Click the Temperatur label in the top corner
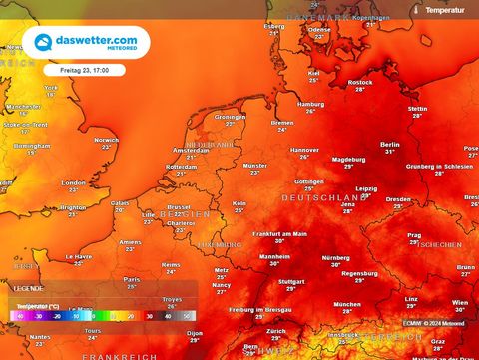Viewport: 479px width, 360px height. click(x=444, y=9)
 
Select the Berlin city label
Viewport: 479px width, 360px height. click(x=390, y=144)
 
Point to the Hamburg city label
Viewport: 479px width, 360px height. click(x=310, y=104)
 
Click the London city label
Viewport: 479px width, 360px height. click(x=74, y=182)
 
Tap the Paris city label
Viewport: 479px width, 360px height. click(x=131, y=279)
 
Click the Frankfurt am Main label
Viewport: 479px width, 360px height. click(x=279, y=233)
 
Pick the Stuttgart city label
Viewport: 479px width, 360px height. click(x=291, y=282)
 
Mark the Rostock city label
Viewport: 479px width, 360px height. click(x=360, y=83)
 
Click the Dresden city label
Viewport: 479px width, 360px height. click(x=398, y=198)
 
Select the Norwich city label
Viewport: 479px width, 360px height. click(x=107, y=140)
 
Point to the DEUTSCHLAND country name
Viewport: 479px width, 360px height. click(x=321, y=199)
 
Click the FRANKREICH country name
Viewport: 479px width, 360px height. click(x=120, y=354)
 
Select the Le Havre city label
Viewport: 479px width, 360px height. click(x=80, y=256)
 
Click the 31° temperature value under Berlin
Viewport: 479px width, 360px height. click(x=391, y=152)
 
